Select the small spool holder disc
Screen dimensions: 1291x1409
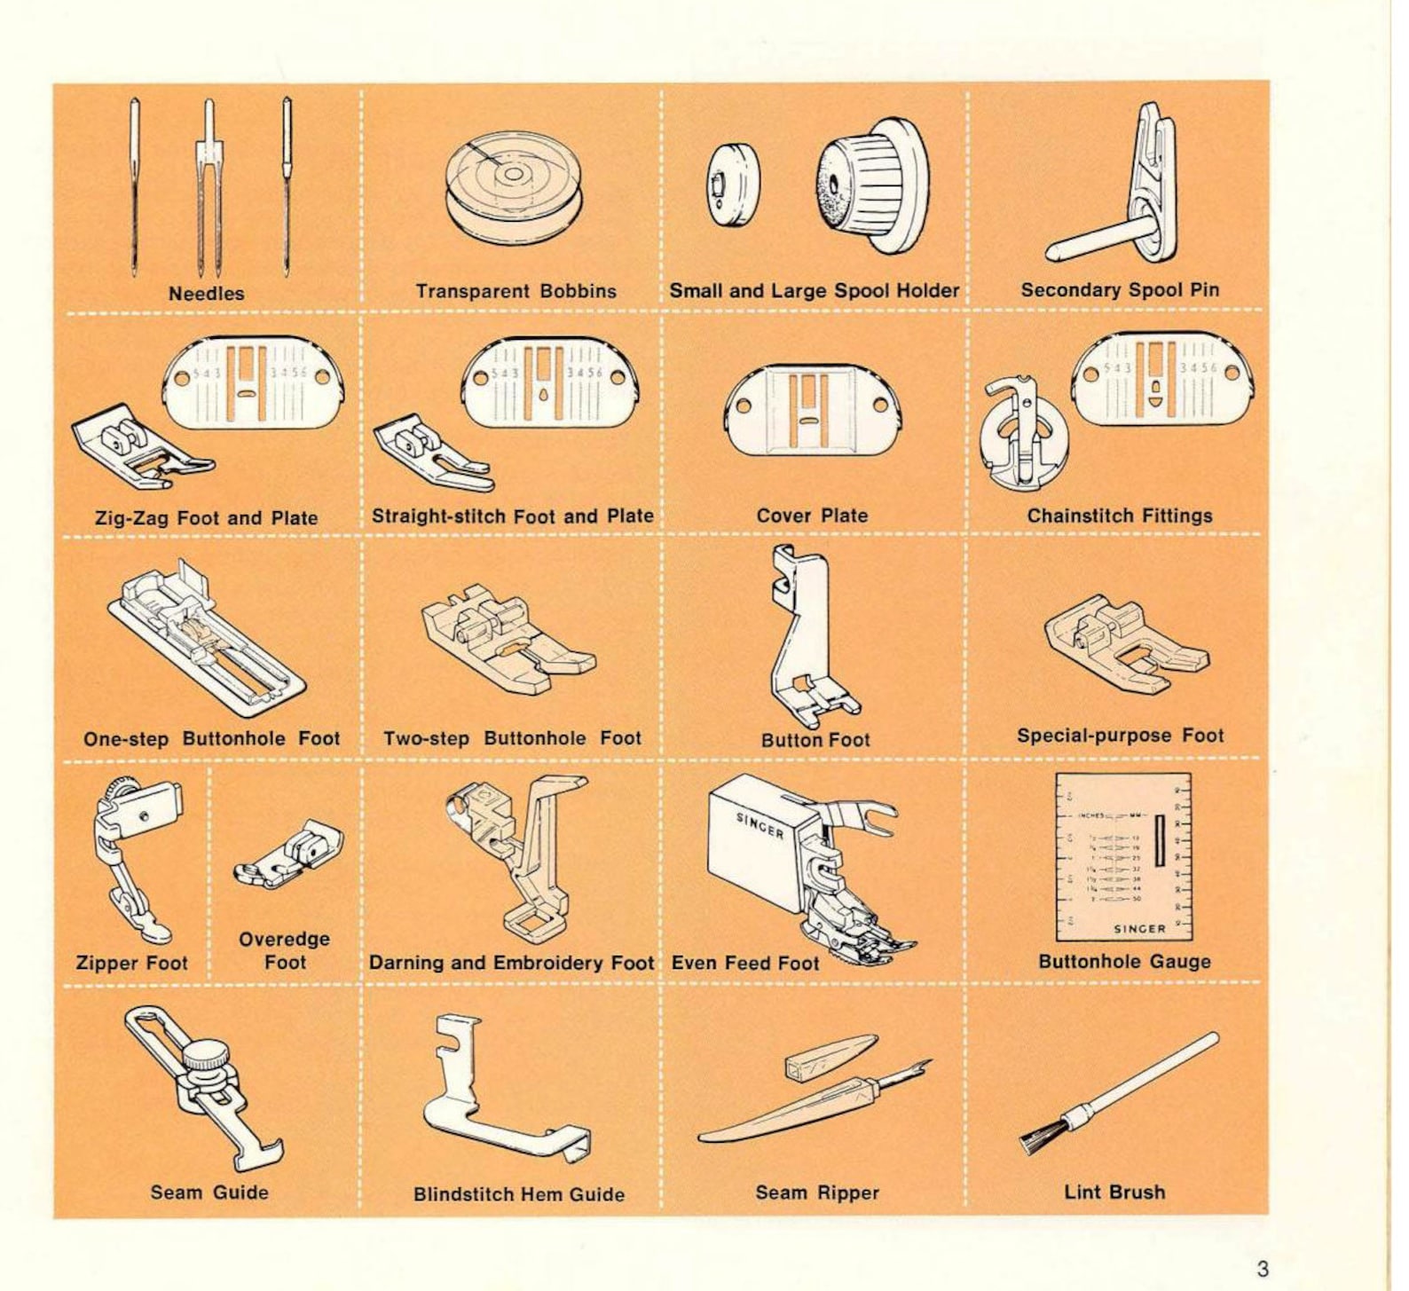pos(733,187)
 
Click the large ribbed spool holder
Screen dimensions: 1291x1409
pos(871,185)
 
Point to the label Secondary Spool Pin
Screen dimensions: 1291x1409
pos(1120,290)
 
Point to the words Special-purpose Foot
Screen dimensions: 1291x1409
pos(1120,736)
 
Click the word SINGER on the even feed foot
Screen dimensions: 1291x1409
pos(760,825)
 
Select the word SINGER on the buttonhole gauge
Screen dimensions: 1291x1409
pos(1139,929)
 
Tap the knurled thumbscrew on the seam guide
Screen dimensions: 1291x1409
pos(209,1057)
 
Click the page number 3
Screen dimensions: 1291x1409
pos(1262,1268)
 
